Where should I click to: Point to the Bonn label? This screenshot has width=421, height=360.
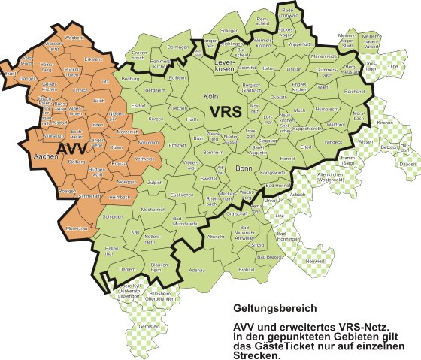(x=243, y=169)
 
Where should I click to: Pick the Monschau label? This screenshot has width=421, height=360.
(x=77, y=226)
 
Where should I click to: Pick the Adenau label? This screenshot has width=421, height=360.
(x=199, y=268)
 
